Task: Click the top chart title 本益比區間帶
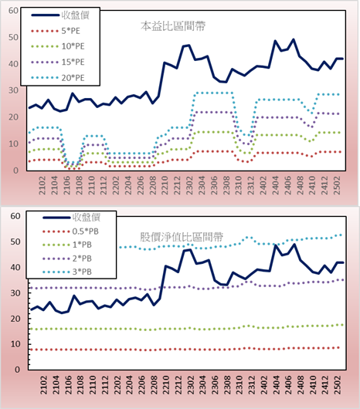coord(173,26)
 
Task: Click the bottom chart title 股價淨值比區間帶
coord(182,237)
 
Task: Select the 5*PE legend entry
coord(56,31)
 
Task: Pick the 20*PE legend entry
coord(58,78)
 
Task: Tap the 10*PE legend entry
coord(58,46)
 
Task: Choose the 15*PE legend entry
coord(58,62)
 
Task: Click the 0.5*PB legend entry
coord(70,232)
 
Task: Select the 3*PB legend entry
coord(67,272)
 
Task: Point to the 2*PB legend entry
coord(67,259)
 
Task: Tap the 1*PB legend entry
coord(67,245)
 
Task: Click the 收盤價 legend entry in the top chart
coord(60,15)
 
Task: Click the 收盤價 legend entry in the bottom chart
coord(72,217)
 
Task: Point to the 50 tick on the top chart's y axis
coord(13,37)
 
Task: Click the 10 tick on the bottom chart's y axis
coord(15,344)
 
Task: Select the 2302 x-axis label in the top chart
coord(189,185)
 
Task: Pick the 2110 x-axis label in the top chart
coord(91,185)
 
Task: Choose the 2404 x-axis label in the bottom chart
coord(276,385)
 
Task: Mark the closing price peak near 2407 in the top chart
coord(294,39)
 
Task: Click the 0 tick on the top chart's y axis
coord(16,171)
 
